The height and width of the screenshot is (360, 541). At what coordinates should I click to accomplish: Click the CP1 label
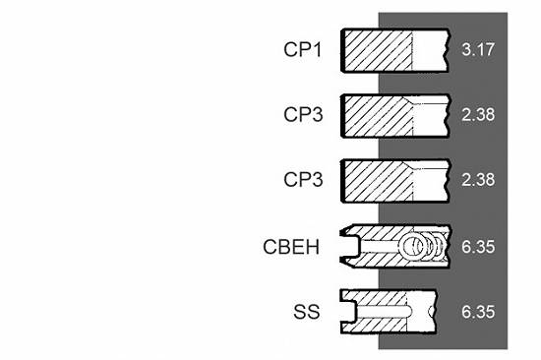point(302,50)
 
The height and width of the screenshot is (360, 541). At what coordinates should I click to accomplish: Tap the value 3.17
point(478,50)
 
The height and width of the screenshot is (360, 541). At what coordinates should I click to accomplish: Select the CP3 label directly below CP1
point(303,115)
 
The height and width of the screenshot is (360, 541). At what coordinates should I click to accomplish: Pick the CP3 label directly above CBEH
point(303,179)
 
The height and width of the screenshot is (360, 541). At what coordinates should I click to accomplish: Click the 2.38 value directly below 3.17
point(478,115)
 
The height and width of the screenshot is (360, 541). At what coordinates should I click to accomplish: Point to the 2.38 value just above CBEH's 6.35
point(478,179)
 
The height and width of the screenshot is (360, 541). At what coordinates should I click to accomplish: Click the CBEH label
point(291,247)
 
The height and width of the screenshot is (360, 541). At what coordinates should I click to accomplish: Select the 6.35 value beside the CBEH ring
point(478,247)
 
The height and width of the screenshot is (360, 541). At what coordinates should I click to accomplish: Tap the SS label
point(306,312)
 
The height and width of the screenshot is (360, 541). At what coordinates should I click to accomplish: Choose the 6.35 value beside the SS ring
point(478,312)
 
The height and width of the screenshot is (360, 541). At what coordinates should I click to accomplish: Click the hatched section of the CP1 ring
point(378,51)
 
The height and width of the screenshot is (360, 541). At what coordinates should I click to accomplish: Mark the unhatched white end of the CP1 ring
point(430,51)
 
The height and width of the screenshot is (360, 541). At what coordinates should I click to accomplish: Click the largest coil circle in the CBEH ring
point(412,246)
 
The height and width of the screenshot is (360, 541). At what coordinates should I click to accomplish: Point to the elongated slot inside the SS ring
point(384,312)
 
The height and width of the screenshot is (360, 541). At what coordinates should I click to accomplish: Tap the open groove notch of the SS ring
point(348,312)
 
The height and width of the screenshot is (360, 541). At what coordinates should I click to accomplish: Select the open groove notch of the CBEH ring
point(349,247)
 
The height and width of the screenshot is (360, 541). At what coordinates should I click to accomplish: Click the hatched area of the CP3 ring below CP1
point(378,116)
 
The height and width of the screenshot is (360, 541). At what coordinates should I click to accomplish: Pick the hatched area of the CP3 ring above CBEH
point(378,181)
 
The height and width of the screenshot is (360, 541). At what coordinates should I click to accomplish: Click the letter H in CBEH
point(313,247)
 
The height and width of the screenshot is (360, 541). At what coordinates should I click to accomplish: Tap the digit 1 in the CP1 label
point(317,50)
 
